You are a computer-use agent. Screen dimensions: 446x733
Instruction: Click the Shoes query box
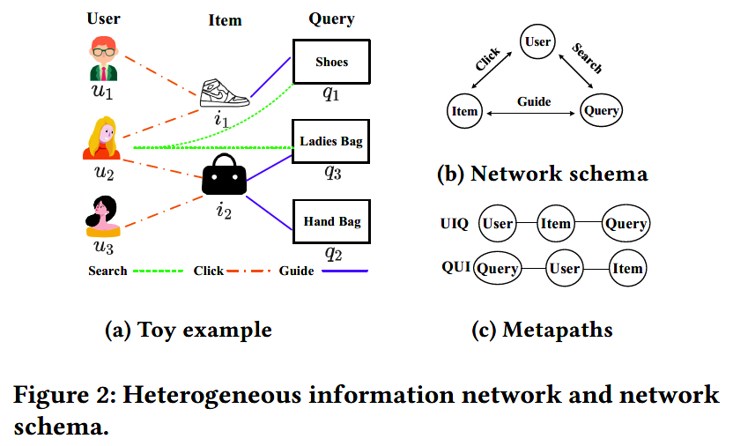[x=331, y=62]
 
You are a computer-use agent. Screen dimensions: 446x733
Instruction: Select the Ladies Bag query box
[x=331, y=141]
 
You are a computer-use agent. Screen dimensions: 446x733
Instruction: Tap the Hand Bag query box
[x=331, y=221]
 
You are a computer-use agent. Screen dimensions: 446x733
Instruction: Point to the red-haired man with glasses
[x=104, y=60]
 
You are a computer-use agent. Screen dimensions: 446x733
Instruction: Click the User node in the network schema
[x=537, y=41]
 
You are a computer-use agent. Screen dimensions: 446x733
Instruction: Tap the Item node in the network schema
[x=464, y=111]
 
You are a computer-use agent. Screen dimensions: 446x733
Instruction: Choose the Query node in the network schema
[x=603, y=111]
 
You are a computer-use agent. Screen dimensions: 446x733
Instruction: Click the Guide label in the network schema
[x=534, y=101]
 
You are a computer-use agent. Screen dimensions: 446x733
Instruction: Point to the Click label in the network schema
[x=487, y=59]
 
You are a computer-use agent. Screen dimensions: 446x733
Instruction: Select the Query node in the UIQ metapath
[x=626, y=224]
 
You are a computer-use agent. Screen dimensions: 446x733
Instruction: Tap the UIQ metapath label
[x=455, y=224]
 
